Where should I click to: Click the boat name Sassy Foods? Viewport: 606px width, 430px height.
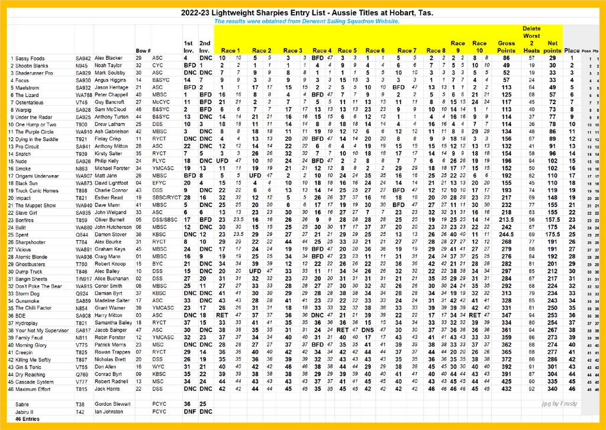coord(29,59)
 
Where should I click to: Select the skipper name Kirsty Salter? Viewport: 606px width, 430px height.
coord(109,153)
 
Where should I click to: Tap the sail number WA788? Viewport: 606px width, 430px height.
coord(84,95)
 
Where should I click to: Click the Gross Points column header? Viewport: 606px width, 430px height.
coord(507,47)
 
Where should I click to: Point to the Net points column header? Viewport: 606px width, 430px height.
coord(553,47)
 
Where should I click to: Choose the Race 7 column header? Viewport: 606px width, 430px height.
coord(408,51)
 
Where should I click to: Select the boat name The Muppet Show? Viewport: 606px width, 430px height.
coord(35,205)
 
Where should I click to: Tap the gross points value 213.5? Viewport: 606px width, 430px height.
coord(507,219)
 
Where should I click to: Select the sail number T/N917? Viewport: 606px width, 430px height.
coord(84,278)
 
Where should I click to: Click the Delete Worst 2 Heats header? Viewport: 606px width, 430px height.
coord(530,40)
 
